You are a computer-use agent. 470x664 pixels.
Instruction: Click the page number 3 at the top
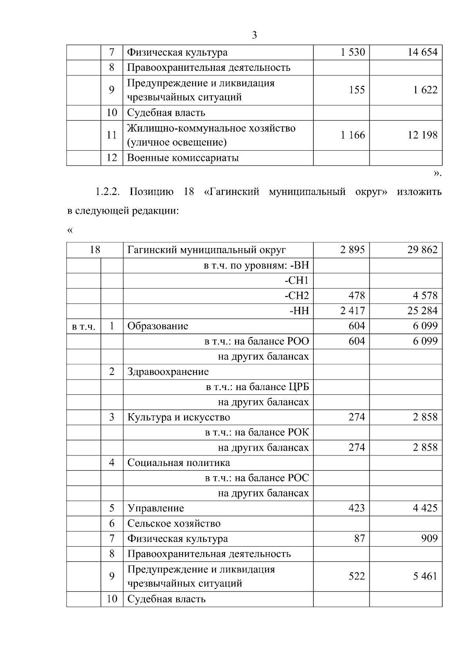click(x=255, y=36)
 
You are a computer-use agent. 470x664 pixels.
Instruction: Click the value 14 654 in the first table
click(x=422, y=52)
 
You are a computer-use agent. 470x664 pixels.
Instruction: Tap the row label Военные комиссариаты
click(x=183, y=158)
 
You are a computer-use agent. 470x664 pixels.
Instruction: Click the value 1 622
click(x=425, y=90)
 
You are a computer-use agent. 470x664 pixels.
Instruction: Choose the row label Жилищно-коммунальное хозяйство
click(x=211, y=128)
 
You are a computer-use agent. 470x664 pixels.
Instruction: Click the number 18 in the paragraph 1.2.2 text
click(x=189, y=192)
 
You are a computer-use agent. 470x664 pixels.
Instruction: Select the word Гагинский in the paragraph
click(x=232, y=192)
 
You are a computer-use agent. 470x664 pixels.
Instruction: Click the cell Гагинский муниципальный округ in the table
click(x=206, y=250)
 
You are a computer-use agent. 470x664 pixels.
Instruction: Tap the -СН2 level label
click(x=296, y=296)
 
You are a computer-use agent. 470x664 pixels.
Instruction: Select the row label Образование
click(x=158, y=326)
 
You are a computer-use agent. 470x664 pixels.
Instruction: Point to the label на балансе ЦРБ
click(x=257, y=387)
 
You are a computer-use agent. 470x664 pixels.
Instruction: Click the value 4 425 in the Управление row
click(x=425, y=508)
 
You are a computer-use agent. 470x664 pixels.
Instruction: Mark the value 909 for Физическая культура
click(x=429, y=539)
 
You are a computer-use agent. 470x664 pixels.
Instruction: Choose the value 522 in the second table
click(x=356, y=576)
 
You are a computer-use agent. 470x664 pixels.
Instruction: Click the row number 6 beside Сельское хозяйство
click(x=112, y=524)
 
